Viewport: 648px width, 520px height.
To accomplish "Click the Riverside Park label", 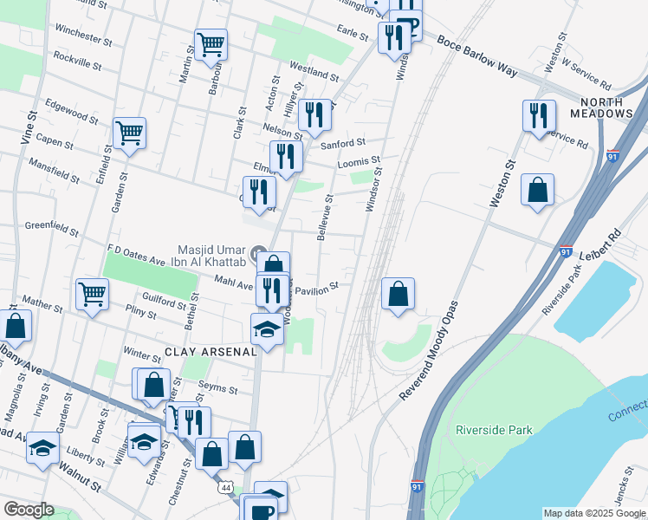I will click(x=494, y=430).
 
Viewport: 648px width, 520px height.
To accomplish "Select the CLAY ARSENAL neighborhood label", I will click(x=211, y=353).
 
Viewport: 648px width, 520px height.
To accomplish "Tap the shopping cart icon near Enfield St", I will click(x=129, y=133).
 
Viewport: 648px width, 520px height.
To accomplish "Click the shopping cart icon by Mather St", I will click(x=92, y=293).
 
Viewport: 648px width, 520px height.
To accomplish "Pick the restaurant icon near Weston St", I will click(x=539, y=115).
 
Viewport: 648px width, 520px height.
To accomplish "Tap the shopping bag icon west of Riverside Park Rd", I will click(x=537, y=189).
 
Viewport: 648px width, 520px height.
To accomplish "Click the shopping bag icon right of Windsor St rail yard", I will click(x=398, y=293).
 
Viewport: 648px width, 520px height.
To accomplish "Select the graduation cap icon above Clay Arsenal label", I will click(x=267, y=328).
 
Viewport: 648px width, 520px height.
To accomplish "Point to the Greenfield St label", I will click(x=52, y=229).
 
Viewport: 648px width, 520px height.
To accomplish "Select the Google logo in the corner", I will click(x=29, y=510).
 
